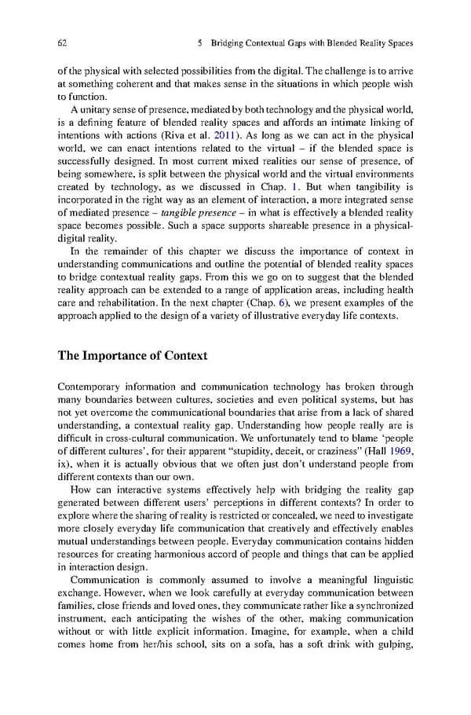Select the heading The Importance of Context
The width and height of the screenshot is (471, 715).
[x=133, y=356]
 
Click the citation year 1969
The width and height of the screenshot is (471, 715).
[x=398, y=450]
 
